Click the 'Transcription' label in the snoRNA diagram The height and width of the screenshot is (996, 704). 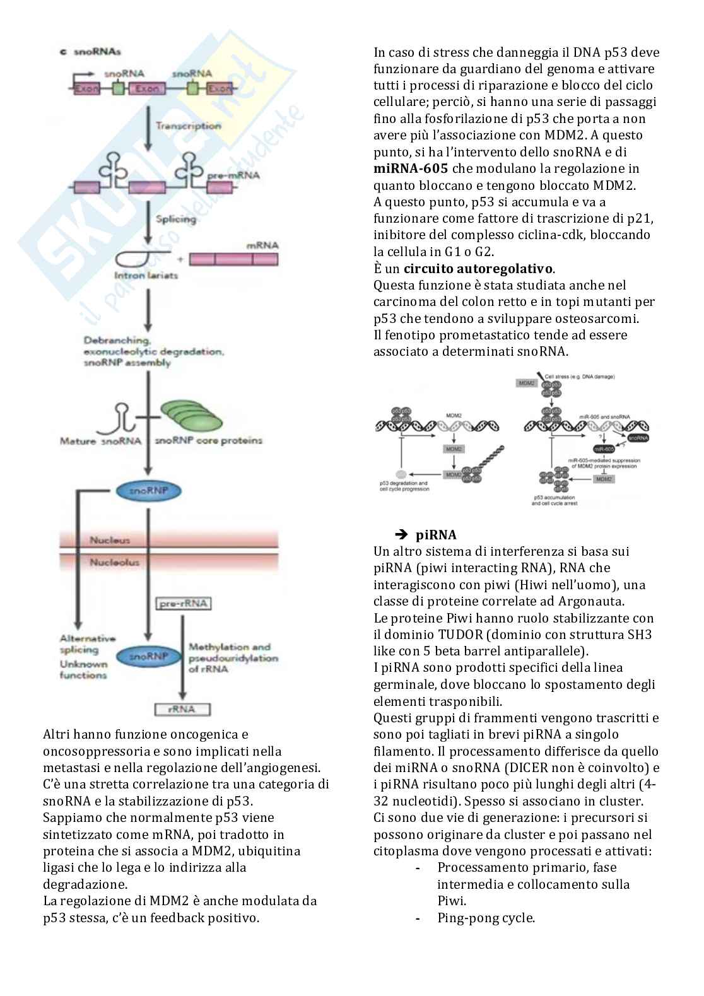[x=188, y=126]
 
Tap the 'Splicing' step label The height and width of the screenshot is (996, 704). [x=176, y=219]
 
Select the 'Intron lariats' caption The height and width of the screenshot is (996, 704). [x=146, y=276]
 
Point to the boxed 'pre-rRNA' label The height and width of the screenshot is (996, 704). [x=183, y=604]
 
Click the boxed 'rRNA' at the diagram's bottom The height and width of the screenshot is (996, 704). [x=182, y=709]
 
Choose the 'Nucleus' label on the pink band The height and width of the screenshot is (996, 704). [x=110, y=540]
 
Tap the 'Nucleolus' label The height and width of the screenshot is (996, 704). [x=114, y=562]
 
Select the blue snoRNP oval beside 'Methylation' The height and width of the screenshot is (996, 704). [x=148, y=657]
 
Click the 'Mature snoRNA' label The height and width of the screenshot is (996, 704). [x=100, y=441]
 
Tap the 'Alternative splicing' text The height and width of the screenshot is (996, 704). [x=87, y=644]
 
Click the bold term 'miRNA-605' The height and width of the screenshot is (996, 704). [x=411, y=168]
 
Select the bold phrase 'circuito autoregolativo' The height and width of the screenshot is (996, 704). [x=478, y=269]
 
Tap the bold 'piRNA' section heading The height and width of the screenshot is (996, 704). [x=436, y=535]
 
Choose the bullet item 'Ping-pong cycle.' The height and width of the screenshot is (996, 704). [x=486, y=918]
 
